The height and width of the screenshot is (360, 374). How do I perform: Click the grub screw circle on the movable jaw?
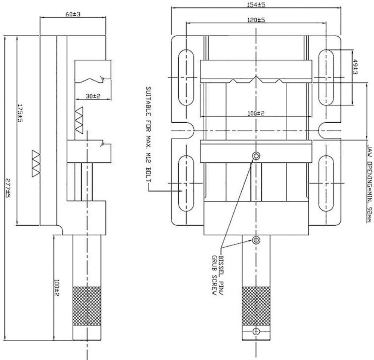pos(256,156)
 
